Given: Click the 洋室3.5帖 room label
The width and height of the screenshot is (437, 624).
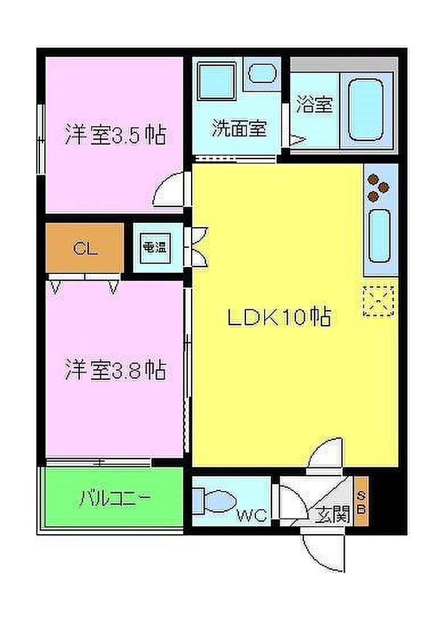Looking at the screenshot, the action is pyautogui.click(x=115, y=135).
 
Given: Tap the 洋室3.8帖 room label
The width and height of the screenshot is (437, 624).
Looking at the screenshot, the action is pyautogui.click(x=115, y=369).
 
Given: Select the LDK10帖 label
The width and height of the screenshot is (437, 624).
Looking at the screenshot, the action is pyautogui.click(x=279, y=318).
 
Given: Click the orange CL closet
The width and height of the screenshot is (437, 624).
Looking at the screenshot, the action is pyautogui.click(x=85, y=248).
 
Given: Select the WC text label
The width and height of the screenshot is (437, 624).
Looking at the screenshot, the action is pyautogui.click(x=252, y=516).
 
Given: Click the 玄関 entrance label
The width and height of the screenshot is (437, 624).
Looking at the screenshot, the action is pyautogui.click(x=332, y=515).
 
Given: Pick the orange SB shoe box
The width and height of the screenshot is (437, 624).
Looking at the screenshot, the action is pyautogui.click(x=361, y=502).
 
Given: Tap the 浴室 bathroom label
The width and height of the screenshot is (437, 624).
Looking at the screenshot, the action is pyautogui.click(x=315, y=104).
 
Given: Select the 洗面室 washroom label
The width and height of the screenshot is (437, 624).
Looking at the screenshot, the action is pyautogui.click(x=239, y=128).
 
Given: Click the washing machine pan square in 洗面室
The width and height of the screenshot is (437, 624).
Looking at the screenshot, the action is pyautogui.click(x=217, y=80).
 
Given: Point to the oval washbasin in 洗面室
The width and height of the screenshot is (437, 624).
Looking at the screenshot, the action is pyautogui.click(x=262, y=73).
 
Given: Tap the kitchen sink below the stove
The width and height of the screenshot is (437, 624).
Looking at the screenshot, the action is pyautogui.click(x=380, y=236).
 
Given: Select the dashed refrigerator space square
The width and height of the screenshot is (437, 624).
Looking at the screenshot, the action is pyautogui.click(x=378, y=301).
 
